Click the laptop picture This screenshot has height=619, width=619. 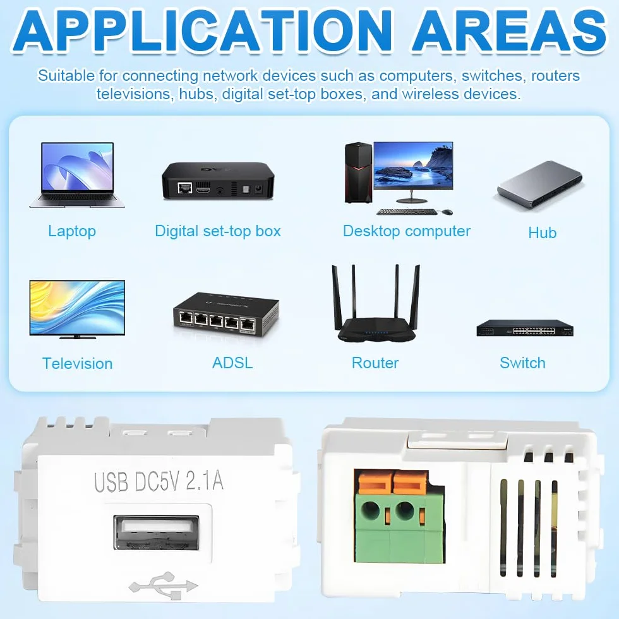[77, 175]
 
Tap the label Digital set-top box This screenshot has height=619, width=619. [217, 231]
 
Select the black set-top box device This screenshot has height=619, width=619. [218, 181]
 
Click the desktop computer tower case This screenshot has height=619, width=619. [359, 172]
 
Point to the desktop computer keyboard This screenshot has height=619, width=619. [407, 212]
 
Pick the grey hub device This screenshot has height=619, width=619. [540, 184]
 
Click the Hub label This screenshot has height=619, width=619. [543, 233]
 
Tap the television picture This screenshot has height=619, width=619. [77, 309]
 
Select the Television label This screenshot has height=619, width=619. [77, 364]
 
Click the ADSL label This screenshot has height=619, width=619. [232, 363]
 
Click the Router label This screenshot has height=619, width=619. [375, 363]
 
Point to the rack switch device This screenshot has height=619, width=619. [525, 328]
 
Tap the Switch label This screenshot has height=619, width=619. [523, 363]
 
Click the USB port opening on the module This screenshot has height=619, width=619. [157, 532]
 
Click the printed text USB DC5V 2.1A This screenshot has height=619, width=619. [159, 481]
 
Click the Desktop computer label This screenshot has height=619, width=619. [407, 231]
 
